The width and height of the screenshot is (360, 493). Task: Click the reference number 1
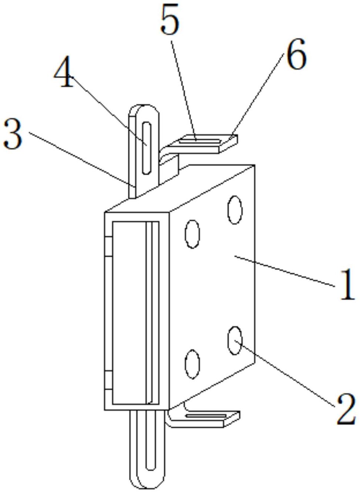pos(346,285)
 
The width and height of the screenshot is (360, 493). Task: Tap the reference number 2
pos(345,409)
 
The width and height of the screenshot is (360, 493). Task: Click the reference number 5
pos(170,20)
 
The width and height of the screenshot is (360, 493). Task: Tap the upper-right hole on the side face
pos(235,210)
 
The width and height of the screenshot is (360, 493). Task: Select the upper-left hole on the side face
pos(192,234)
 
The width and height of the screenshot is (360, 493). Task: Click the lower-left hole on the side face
pos(192,364)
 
